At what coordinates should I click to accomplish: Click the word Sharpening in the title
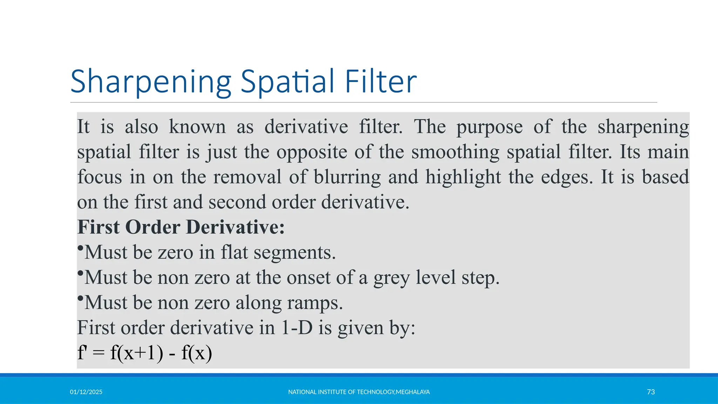pos(151,82)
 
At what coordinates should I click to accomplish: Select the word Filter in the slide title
pos(381,81)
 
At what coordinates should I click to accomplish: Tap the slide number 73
pos(651,392)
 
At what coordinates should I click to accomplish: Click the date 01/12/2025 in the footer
pos(86,392)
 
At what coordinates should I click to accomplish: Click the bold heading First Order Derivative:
pos(181,227)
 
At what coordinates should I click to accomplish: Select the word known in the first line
pos(197,127)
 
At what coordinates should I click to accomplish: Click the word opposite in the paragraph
pos(312,152)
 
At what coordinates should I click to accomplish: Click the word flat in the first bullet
pos(234,252)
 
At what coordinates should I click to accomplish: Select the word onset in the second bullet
pos(309,277)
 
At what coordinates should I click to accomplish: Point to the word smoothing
pos(455,152)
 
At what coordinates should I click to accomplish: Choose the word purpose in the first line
pos(489,127)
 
